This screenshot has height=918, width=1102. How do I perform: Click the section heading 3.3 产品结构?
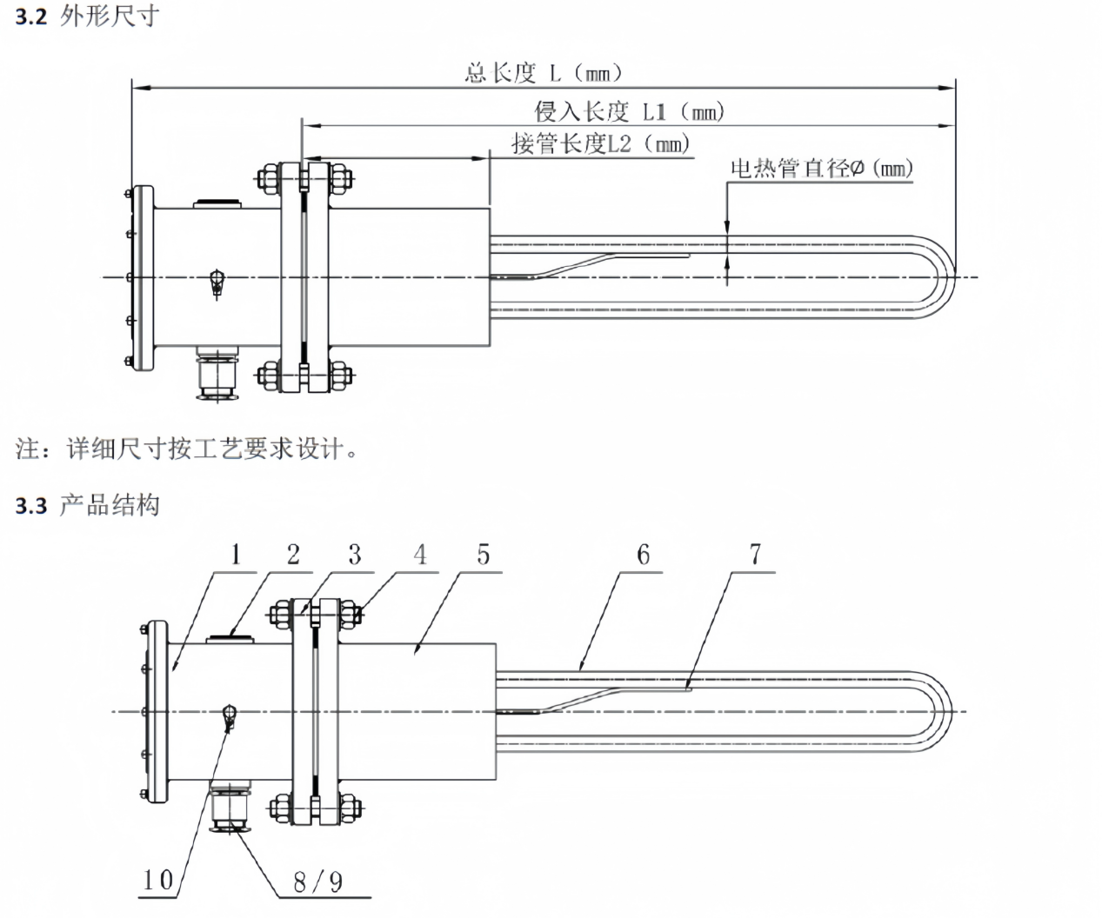click(88, 505)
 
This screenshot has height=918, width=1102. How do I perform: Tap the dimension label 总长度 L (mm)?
click(544, 72)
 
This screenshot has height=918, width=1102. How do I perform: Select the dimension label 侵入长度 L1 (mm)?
click(628, 111)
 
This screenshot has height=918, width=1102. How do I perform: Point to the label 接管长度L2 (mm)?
click(600, 143)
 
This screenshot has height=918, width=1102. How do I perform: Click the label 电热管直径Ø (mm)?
click(821, 168)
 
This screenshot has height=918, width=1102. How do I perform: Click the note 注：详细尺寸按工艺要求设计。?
click(186, 449)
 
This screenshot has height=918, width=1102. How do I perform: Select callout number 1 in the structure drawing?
click(236, 555)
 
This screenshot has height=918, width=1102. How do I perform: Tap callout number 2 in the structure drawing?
click(293, 555)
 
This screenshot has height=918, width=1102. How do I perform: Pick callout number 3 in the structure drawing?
click(354, 555)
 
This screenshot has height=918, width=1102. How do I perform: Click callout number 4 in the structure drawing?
click(420, 555)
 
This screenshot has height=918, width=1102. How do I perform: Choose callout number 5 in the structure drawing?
click(484, 555)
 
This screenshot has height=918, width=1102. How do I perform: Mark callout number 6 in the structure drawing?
click(643, 555)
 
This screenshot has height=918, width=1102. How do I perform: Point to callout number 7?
click(755, 555)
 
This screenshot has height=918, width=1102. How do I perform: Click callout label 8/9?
click(317, 882)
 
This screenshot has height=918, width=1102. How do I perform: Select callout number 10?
click(158, 880)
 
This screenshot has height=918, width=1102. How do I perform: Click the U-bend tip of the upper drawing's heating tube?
click(952, 277)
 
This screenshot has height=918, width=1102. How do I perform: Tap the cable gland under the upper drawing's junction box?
click(215, 376)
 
